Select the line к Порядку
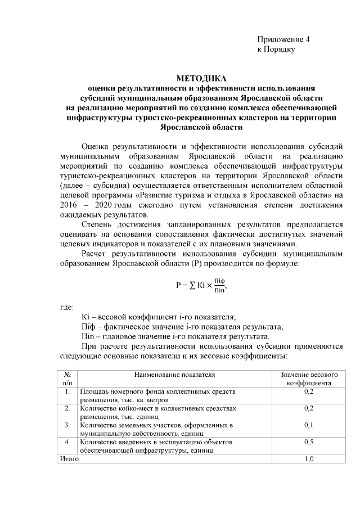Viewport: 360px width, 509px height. (x=276, y=49)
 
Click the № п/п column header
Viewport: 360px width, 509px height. (x=67, y=378)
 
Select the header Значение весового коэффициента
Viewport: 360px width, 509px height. (x=308, y=378)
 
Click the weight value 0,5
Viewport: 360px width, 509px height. (x=308, y=442)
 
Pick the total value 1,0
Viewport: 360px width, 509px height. (x=308, y=459)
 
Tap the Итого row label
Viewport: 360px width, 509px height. (x=69, y=459)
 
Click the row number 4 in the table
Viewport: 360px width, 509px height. (x=67, y=442)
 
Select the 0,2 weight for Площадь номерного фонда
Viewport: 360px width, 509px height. (x=308, y=391)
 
